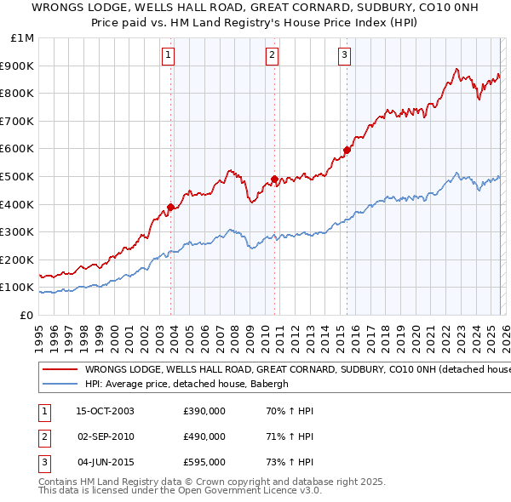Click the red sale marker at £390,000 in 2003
click(171, 207)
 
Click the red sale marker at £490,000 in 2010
click(274, 180)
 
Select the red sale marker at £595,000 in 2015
click(347, 151)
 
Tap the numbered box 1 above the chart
click(169, 56)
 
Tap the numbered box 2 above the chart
click(272, 56)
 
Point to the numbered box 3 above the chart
click(344, 56)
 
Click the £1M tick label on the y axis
click(23, 38)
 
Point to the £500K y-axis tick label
click(19, 177)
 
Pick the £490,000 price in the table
click(204, 437)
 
